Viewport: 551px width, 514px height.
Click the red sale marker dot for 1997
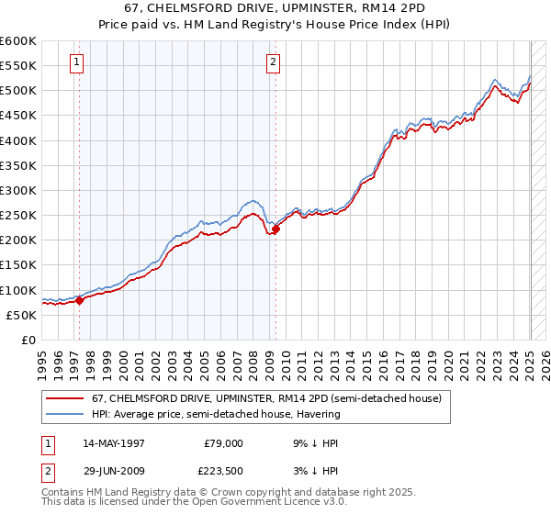coord(80,299)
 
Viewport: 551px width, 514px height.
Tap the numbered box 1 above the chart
coord(75,63)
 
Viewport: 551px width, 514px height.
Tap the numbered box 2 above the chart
coord(274,63)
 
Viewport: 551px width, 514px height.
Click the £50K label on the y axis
coord(20,315)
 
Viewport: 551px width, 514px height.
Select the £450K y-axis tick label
coord(17,117)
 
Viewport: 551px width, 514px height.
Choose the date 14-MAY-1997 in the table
coord(115,442)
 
